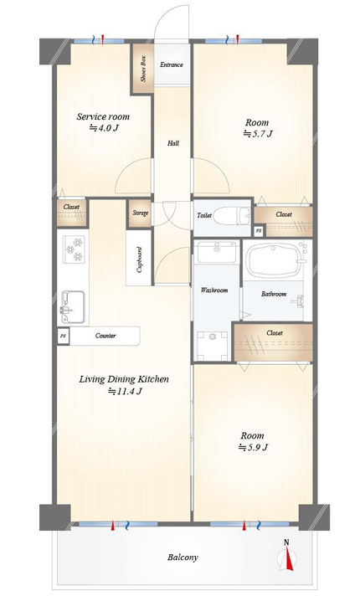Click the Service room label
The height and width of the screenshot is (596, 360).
[x=103, y=116]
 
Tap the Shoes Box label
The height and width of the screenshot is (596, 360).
[x=143, y=69]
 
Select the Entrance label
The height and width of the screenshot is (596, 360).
[x=172, y=64]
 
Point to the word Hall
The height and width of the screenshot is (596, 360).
[x=173, y=143]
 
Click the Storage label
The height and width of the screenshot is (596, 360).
[x=141, y=213]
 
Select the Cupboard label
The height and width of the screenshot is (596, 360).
[x=139, y=260]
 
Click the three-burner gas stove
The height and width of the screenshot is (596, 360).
[x=74, y=249]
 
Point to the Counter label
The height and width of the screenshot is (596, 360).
[x=105, y=336]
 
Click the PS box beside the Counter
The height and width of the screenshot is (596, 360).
[x=63, y=336]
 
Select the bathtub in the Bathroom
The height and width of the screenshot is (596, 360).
[x=273, y=262]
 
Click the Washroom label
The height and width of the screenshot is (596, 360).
[x=214, y=290]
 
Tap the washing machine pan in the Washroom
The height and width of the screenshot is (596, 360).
[x=212, y=346]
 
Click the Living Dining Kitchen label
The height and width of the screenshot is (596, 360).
[x=124, y=379]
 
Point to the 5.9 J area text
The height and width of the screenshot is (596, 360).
[x=253, y=447]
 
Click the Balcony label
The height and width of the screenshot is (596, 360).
[x=183, y=557]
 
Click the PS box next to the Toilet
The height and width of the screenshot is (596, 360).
[x=259, y=231]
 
